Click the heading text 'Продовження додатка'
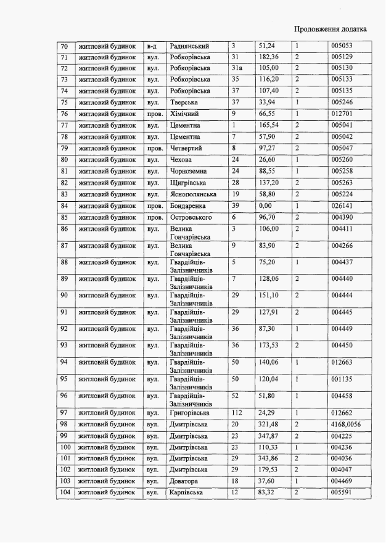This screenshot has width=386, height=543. (x=331, y=28)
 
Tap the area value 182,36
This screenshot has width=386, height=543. (x=269, y=57)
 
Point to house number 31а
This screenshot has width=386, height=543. (x=237, y=68)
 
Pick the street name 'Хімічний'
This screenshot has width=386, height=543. (x=184, y=114)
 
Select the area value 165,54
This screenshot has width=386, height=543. (x=269, y=125)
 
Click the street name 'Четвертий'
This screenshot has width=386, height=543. (x=187, y=148)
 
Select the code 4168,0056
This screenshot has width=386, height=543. (x=347, y=425)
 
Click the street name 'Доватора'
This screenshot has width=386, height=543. (x=184, y=481)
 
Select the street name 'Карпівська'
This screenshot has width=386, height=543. (x=187, y=493)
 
